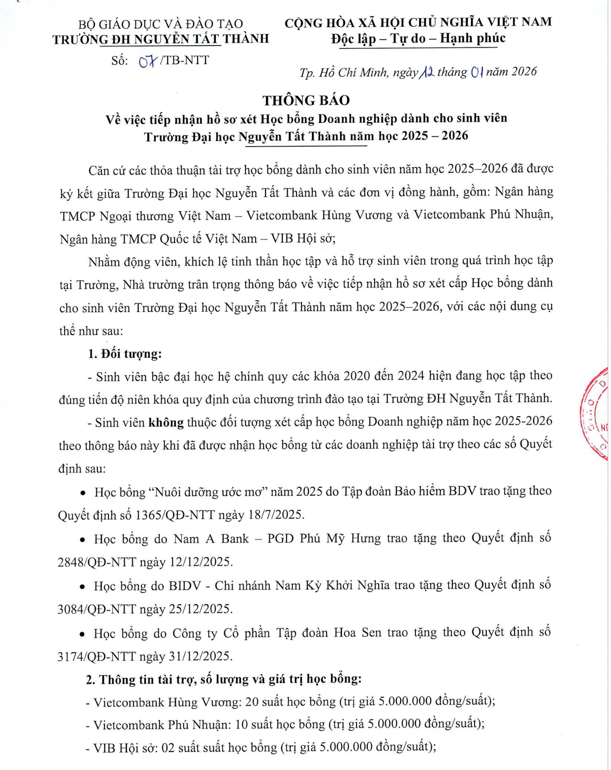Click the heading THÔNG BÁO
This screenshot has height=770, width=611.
(x=306, y=100)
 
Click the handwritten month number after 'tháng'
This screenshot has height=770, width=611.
(x=477, y=73)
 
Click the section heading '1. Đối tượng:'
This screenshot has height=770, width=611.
(x=125, y=354)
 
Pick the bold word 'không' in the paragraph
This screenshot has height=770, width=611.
(x=166, y=422)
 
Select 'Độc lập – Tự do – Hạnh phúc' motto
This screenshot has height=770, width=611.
(x=418, y=39)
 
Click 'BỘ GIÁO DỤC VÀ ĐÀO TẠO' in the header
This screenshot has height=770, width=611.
(x=161, y=24)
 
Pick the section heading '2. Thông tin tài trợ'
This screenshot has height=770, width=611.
(x=224, y=679)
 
